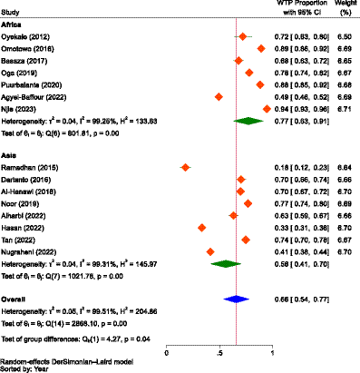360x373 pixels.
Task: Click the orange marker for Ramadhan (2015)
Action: (x=185, y=167)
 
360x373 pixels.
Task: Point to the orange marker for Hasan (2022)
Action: (x=201, y=226)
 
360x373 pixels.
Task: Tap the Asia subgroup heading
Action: (x=12, y=155)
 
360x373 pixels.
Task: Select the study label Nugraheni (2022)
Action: (x=35, y=250)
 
